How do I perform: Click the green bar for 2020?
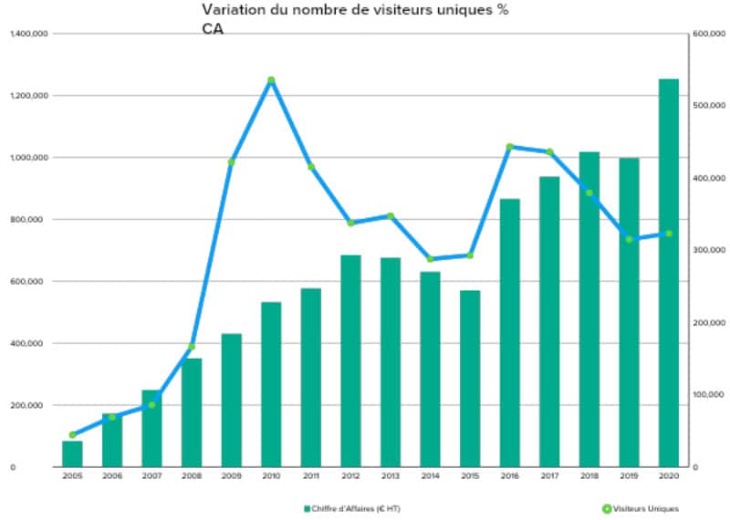click(x=669, y=273)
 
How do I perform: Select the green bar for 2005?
click(x=72, y=454)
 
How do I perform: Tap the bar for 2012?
click(x=350, y=360)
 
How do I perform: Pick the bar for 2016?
click(x=510, y=333)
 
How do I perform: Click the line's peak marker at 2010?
click(x=271, y=80)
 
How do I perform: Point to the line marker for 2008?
click(x=192, y=347)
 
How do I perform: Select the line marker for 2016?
click(x=510, y=147)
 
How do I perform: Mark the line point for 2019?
click(x=629, y=239)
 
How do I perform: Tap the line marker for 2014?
click(x=430, y=259)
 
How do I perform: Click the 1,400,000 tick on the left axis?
click(x=29, y=34)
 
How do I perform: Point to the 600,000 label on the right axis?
click(x=709, y=34)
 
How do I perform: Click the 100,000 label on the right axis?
click(x=709, y=395)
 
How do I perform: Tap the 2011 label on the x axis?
click(x=311, y=476)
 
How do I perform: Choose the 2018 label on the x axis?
click(x=589, y=476)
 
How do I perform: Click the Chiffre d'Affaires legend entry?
click(x=352, y=509)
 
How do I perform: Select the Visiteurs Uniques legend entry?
click(x=641, y=509)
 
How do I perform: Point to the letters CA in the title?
click(x=213, y=29)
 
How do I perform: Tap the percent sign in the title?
click(x=503, y=10)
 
